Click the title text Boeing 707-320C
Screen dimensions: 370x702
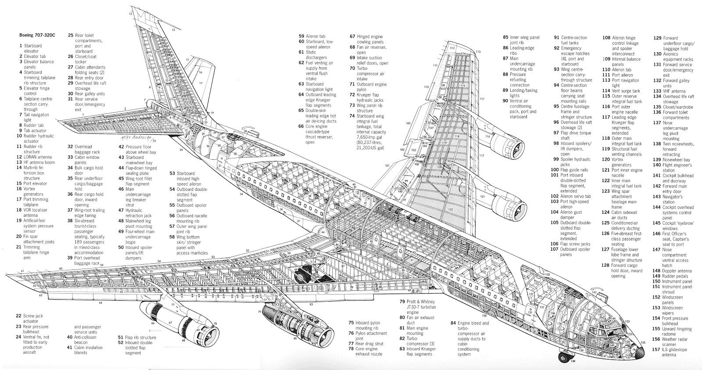click(x=36, y=35)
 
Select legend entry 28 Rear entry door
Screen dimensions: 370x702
click(x=86, y=78)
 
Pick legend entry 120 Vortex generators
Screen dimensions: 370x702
click(x=621, y=162)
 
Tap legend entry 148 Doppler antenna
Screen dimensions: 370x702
click(x=673, y=271)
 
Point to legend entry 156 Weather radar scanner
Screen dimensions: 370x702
click(x=673, y=341)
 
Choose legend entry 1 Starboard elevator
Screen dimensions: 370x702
click(x=31, y=48)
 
